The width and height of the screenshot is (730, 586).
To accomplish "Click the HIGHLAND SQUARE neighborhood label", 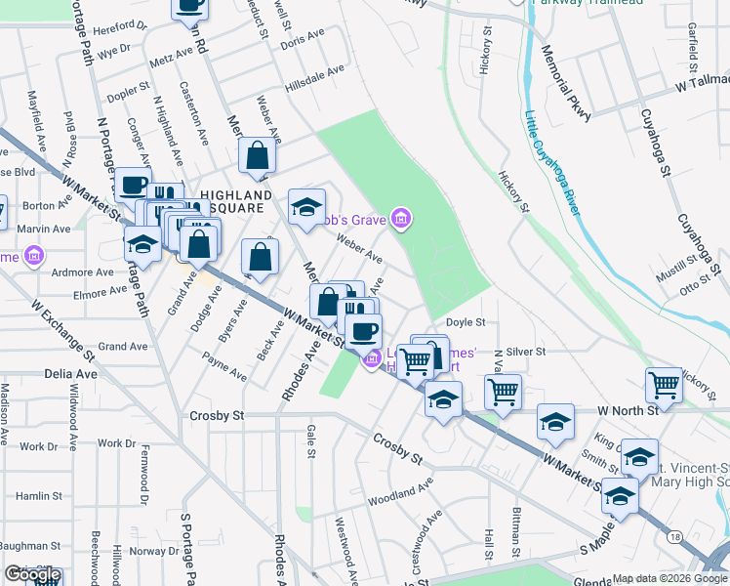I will [234, 201].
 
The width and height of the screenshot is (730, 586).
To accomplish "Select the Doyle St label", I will [466, 321].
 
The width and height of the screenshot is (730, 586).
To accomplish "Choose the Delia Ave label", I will [71, 373].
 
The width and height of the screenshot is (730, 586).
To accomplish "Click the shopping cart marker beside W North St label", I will [664, 384].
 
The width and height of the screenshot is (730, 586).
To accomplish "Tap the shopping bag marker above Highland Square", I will [257, 156].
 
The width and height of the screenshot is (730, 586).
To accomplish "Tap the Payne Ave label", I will [223, 368].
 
